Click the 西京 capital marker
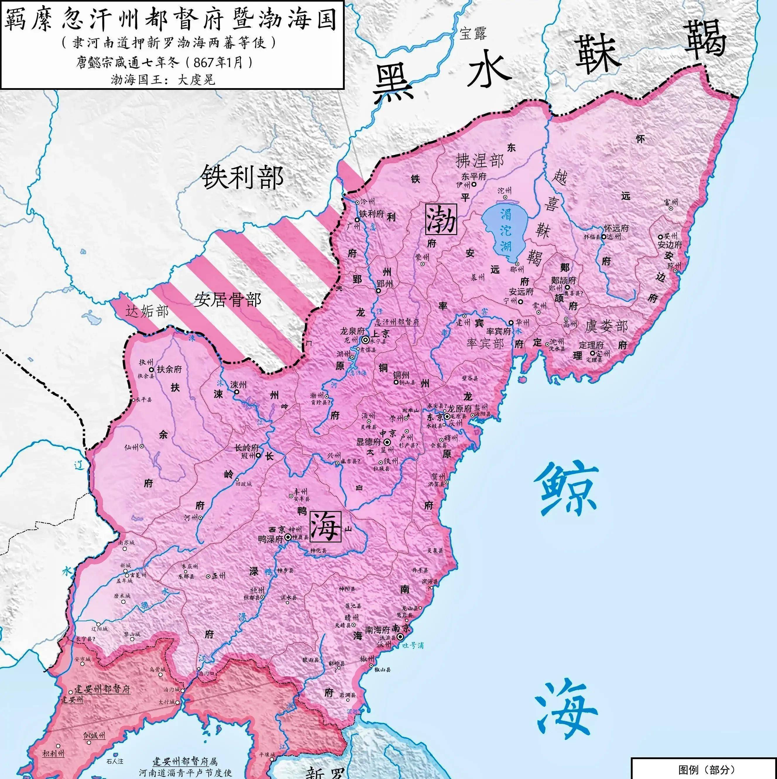pos(288,537)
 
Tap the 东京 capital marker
pos(447,416)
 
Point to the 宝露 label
pos(473,33)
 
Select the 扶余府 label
pos(169,369)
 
